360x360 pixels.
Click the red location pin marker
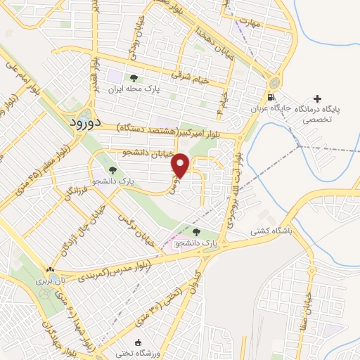pyautogui.click(x=181, y=166)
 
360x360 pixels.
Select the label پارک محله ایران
pyautogui.click(x=133, y=89)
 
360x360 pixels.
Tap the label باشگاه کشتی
pyautogui.click(x=273, y=230)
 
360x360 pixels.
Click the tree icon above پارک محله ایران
pyautogui.click(x=133, y=78)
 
